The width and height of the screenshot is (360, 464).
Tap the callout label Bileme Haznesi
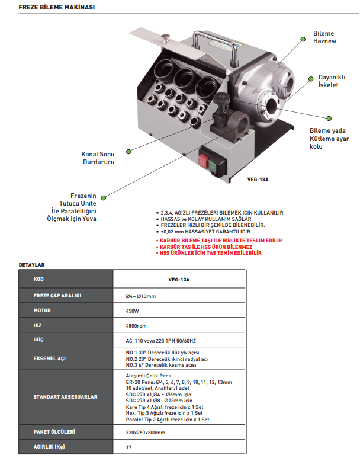[324, 37]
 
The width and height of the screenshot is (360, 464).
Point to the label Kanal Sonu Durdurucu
[97, 158]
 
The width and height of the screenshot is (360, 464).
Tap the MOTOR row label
[43, 310]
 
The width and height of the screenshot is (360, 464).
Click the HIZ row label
[38, 325]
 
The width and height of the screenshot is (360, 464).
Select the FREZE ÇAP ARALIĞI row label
[57, 295]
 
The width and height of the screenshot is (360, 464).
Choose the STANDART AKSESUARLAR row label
[65, 396]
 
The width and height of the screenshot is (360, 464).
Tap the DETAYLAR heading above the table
[32, 264]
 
